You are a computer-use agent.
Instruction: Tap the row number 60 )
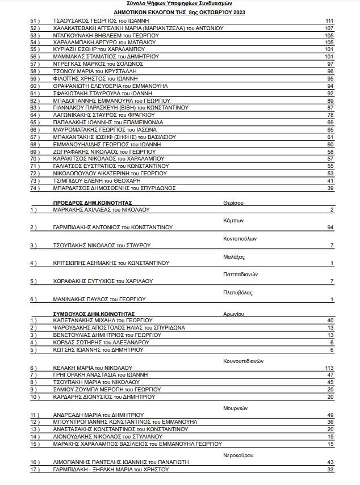(34, 86)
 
